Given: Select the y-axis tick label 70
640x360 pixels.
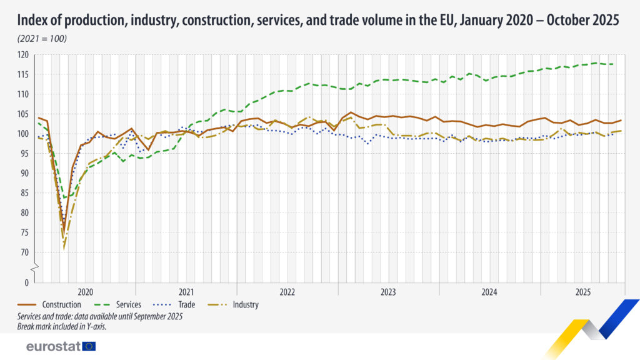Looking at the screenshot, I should (x=25, y=252).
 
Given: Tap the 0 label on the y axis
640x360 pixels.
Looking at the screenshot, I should (x=27, y=282).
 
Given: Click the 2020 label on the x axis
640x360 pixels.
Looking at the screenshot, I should (x=86, y=292).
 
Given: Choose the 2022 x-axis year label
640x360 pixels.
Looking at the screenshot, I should (x=287, y=292).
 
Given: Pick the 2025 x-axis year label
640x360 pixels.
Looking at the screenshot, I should (x=582, y=292).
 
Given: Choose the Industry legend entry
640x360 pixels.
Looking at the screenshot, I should (x=246, y=305).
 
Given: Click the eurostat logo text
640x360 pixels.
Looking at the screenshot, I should (x=53, y=346).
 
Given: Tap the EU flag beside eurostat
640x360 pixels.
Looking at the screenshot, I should (x=89, y=346).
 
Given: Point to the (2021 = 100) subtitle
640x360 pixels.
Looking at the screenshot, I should (x=42, y=39).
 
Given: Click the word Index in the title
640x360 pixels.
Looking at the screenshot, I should (x=34, y=20).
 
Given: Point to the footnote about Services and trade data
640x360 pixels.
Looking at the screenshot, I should (x=100, y=316).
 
